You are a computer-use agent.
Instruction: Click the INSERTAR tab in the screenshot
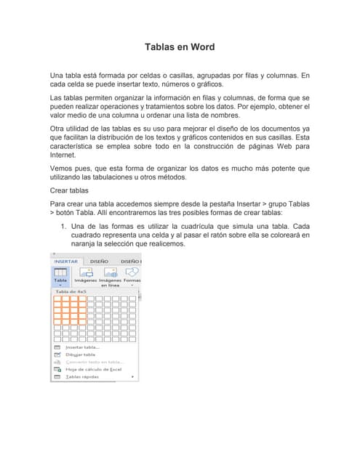[x=66, y=261]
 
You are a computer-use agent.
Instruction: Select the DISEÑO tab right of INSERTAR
[x=99, y=261]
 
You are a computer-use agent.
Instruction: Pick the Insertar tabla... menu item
[x=82, y=347]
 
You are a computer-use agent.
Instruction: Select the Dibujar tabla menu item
[x=80, y=355]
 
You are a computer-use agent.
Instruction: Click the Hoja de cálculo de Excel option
[x=92, y=369]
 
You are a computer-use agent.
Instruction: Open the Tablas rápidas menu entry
[x=81, y=377]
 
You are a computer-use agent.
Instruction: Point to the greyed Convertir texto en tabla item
[x=95, y=362]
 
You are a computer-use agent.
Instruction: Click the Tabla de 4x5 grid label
[x=69, y=291]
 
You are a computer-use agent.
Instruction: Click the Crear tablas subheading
[x=69, y=190]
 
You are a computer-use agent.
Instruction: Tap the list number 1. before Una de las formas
[x=64, y=227]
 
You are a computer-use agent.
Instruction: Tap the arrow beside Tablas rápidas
[x=132, y=377]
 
